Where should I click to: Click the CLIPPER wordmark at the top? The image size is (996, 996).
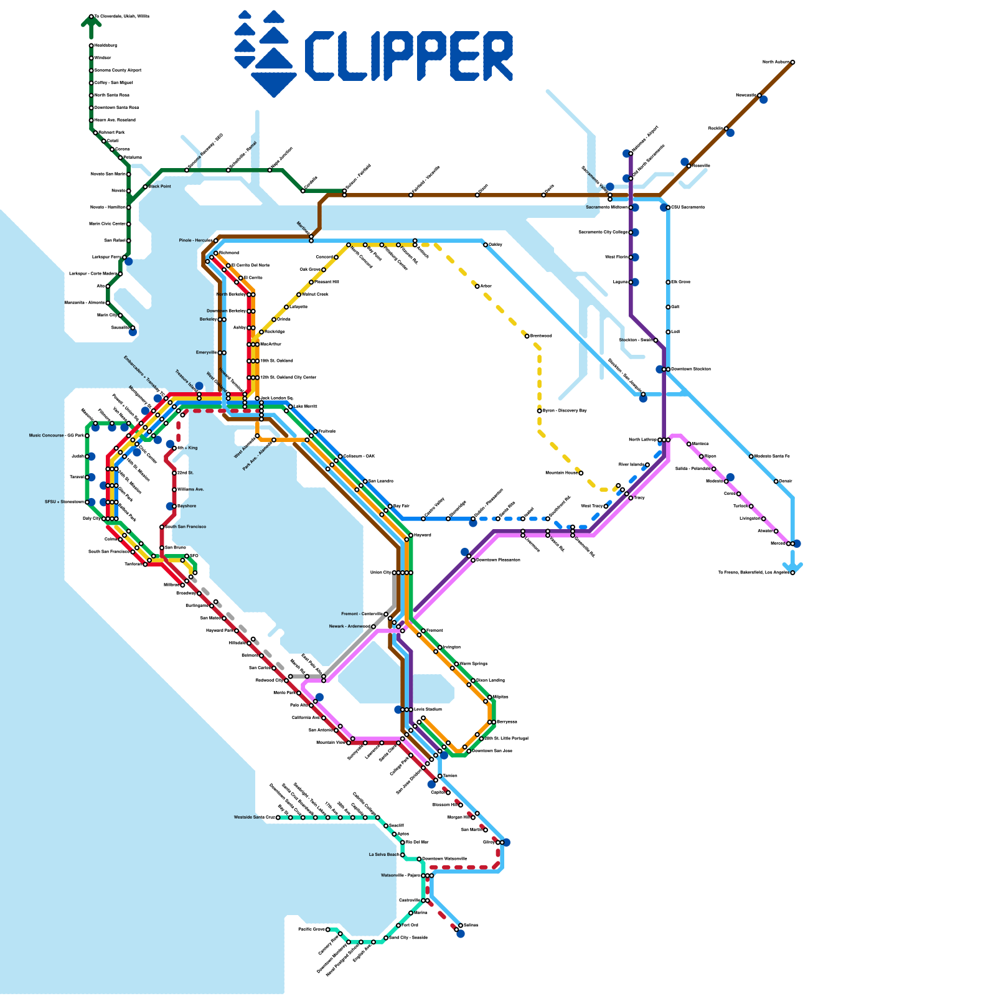click(x=408, y=56)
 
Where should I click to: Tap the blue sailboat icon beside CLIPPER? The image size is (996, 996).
click(x=264, y=54)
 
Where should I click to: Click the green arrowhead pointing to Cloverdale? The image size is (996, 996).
click(x=91, y=22)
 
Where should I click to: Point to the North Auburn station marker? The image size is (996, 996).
click(x=792, y=62)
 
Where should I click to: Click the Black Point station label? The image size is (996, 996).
click(x=160, y=187)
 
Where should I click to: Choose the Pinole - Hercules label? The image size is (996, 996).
click(x=195, y=240)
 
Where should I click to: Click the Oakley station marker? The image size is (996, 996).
click(x=486, y=245)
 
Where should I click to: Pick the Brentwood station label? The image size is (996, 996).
click(x=541, y=336)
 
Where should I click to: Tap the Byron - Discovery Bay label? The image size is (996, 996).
click(x=565, y=411)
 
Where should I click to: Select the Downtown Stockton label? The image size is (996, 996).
click(x=690, y=369)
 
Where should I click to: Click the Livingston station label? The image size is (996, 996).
click(x=749, y=519)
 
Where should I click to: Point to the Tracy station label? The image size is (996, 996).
click(x=639, y=498)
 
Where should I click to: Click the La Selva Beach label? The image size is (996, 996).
click(x=383, y=855)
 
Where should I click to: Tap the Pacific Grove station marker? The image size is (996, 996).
click(x=328, y=929)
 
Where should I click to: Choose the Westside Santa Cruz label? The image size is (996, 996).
click(x=254, y=817)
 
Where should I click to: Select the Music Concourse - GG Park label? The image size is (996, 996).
click(x=56, y=436)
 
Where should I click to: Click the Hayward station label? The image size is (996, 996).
click(x=422, y=535)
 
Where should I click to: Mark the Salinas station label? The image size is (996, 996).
click(x=471, y=926)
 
